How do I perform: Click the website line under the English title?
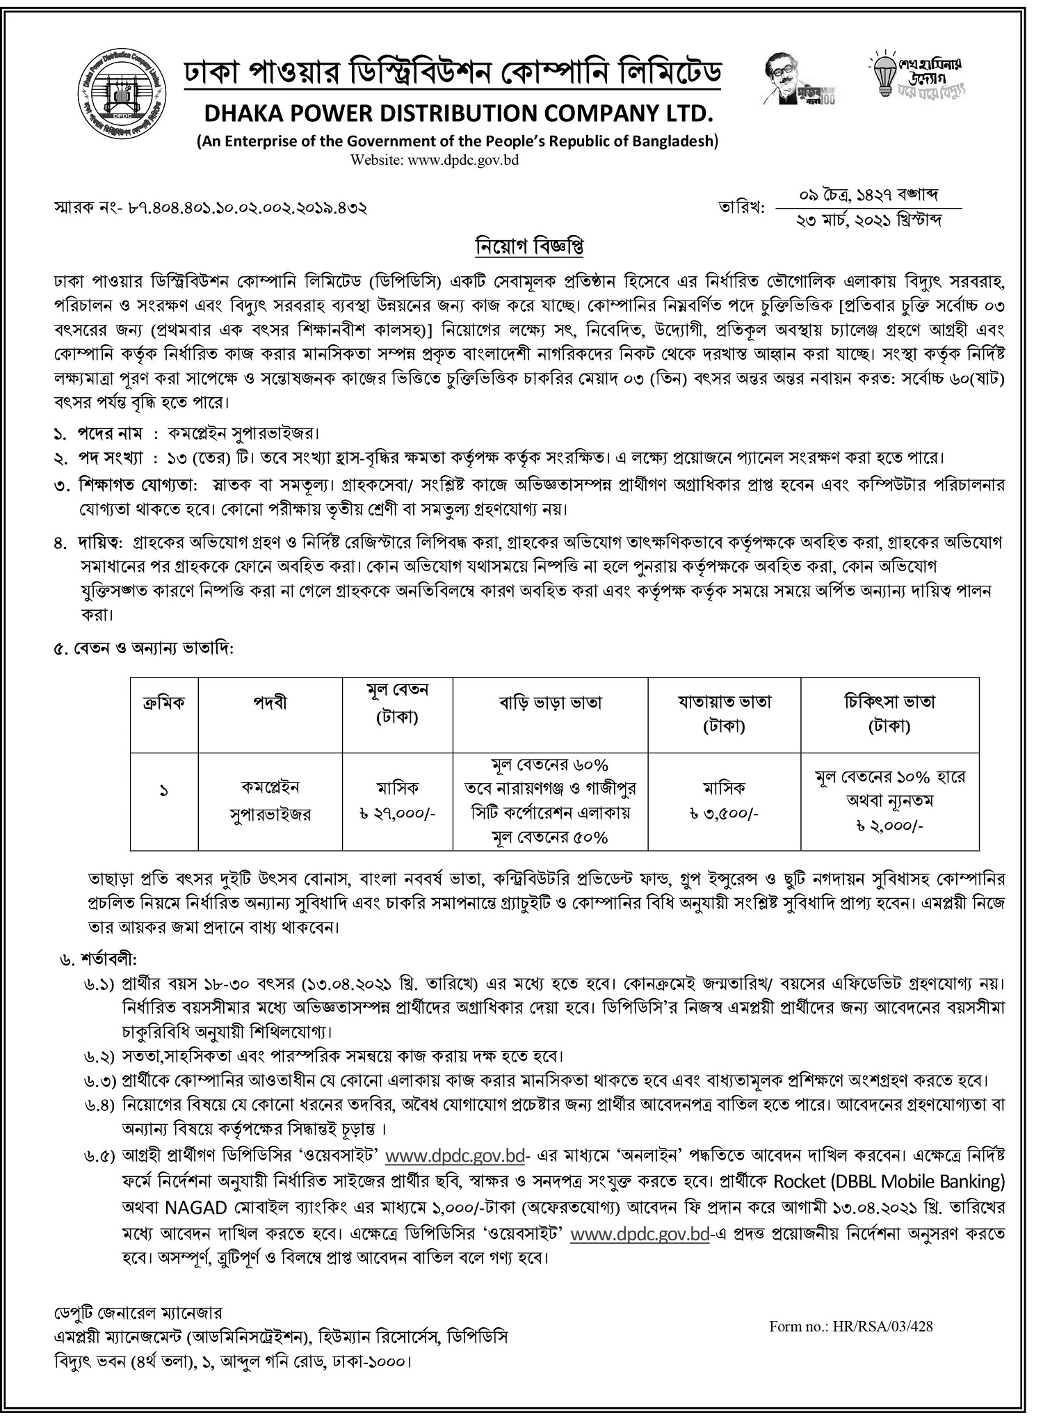(435, 160)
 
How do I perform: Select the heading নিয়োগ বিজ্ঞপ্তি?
(521, 247)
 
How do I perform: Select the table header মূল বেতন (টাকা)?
(398, 703)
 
